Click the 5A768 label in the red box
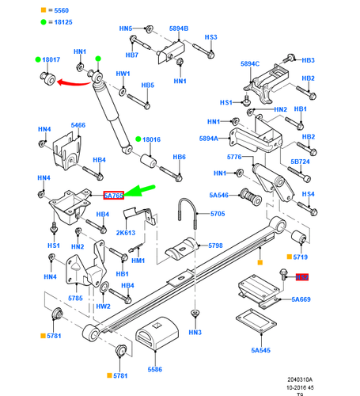click(x=113, y=194)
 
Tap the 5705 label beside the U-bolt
click(x=216, y=214)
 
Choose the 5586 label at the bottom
click(x=154, y=369)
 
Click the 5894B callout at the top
click(x=179, y=29)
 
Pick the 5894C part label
click(x=249, y=64)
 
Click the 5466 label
click(x=78, y=125)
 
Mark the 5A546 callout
click(x=218, y=195)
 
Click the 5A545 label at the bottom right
click(x=260, y=349)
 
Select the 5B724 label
click(x=301, y=162)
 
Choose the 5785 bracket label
click(x=76, y=298)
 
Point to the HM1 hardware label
click(x=138, y=261)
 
